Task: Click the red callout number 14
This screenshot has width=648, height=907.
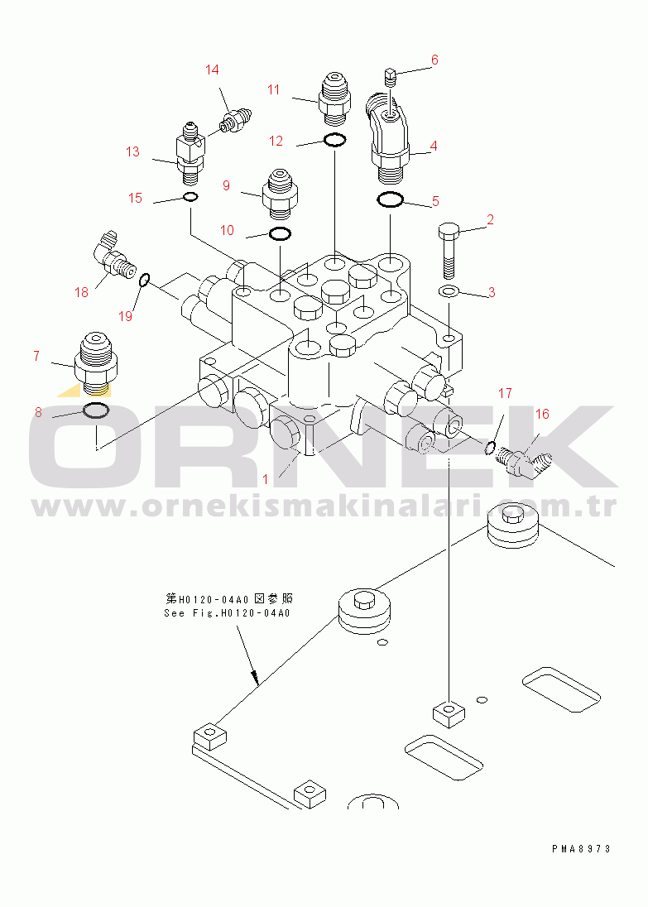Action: (x=212, y=70)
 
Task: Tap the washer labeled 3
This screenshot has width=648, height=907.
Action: (x=449, y=290)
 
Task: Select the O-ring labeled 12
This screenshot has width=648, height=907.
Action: (x=335, y=139)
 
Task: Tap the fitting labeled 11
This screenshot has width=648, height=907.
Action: (x=335, y=98)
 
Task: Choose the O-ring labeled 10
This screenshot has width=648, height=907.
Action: (x=280, y=233)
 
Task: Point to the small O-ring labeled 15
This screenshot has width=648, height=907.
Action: (x=190, y=197)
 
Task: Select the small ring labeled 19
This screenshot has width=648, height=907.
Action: (x=145, y=281)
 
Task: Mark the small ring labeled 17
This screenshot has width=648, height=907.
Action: (x=489, y=447)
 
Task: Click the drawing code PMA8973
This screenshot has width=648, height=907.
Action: (x=582, y=849)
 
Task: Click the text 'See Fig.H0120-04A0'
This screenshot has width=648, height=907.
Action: (x=227, y=613)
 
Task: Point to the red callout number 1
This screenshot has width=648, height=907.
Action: (x=265, y=479)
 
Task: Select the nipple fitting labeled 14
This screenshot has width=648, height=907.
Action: (x=235, y=120)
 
